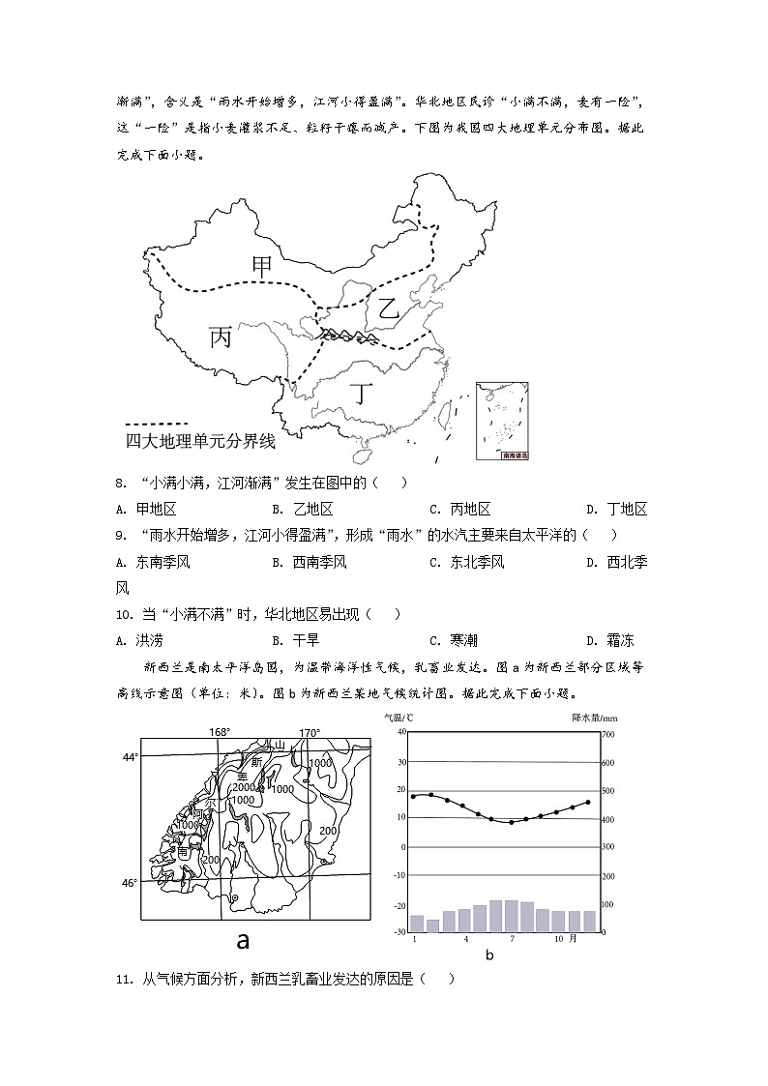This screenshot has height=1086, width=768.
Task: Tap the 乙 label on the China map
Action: (388, 309)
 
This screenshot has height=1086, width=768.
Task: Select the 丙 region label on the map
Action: (221, 338)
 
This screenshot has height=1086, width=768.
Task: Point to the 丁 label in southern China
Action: (361, 394)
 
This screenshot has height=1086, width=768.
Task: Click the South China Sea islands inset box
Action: (504, 421)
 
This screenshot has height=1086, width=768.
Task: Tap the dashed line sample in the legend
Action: (157, 424)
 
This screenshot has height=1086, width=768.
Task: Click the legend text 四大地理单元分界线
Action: (200, 442)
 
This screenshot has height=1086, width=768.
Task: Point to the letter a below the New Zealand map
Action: (243, 941)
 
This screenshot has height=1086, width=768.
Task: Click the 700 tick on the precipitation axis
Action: (608, 735)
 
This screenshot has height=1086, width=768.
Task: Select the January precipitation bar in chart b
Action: (417, 924)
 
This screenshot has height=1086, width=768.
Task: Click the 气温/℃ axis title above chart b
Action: (399, 718)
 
